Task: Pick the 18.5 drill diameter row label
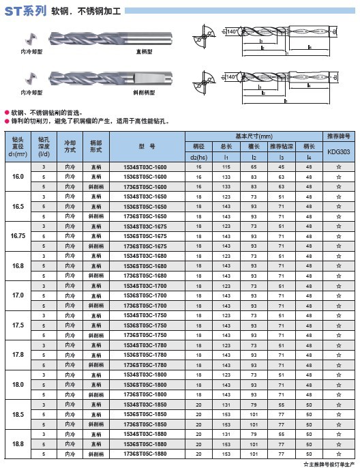18,414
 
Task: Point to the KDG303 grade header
339,152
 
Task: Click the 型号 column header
147,146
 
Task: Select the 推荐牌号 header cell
339,136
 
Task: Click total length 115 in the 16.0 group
226,167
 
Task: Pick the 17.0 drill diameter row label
18,295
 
